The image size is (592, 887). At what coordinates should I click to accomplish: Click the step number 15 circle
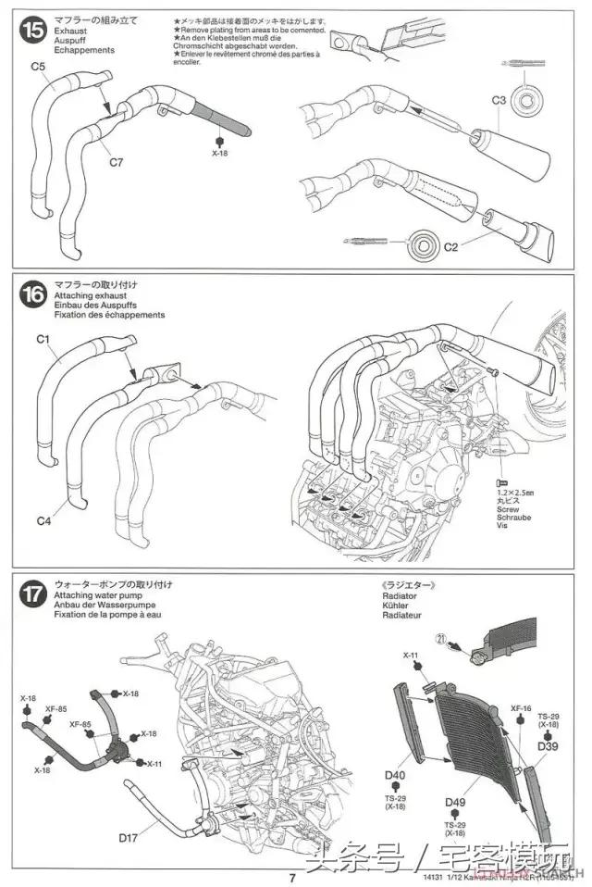(32, 30)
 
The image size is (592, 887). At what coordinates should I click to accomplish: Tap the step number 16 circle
(32, 295)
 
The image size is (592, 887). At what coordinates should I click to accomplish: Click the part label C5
(37, 67)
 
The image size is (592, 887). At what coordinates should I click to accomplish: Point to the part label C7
(116, 163)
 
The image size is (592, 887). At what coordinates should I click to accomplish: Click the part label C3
(498, 99)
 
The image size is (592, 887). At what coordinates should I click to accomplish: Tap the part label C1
(43, 339)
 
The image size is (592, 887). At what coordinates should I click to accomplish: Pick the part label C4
(43, 521)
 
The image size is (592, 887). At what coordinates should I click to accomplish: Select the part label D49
(454, 802)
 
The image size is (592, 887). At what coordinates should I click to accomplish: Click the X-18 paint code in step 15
(219, 153)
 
